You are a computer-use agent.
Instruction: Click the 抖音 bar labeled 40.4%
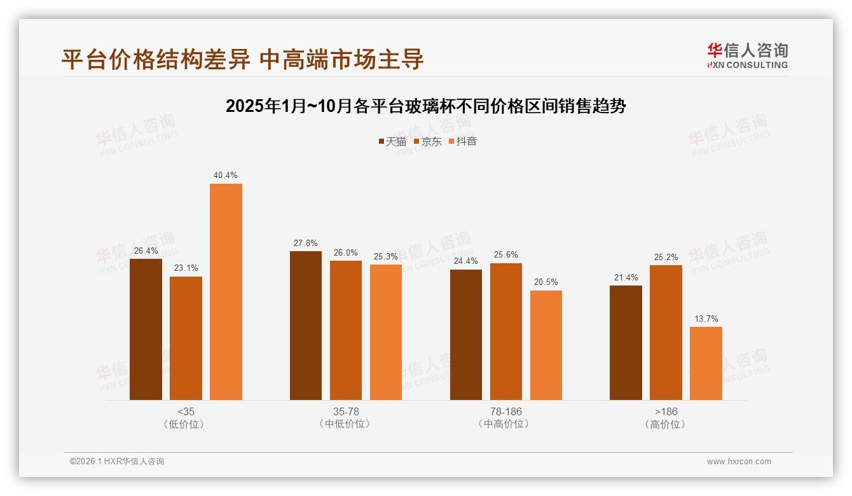coord(226,292)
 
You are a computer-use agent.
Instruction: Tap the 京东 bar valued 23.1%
coord(186,338)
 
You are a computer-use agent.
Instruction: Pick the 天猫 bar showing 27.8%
coord(306,326)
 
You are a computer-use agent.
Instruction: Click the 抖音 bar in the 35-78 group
coord(386,332)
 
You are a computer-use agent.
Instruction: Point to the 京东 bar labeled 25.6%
coord(506,331)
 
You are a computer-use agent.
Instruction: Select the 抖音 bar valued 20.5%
coord(546,345)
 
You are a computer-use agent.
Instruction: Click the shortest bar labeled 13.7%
coord(706,363)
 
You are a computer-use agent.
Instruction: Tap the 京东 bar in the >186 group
coord(666,333)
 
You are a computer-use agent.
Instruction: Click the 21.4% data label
coord(626,278)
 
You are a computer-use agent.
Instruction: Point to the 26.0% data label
coord(346,252)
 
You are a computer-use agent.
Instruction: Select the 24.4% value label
coord(466,261)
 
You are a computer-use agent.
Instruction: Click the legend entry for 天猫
coord(392,142)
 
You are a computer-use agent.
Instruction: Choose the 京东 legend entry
coord(428,142)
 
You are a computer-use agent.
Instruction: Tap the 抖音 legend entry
coord(463,142)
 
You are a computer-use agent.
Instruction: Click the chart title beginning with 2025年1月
coord(426,106)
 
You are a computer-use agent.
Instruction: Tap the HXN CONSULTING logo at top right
coord(747,56)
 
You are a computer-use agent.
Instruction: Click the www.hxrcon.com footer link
coord(739,462)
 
